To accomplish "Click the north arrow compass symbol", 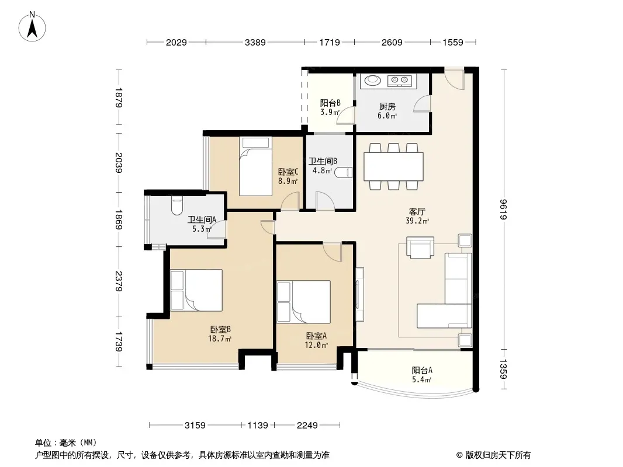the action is (32, 27).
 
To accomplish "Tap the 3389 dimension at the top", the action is (255, 42).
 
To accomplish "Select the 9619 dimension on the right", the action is (503, 209).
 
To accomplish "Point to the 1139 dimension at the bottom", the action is (258, 426).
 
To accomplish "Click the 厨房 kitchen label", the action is (387, 106).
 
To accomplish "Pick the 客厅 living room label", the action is (417, 211).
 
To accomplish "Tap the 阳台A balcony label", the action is (422, 370).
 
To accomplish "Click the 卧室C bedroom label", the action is (288, 172).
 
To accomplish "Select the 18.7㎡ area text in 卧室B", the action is (220, 339).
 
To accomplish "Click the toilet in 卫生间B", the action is (343, 172).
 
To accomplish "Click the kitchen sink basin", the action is (372, 81).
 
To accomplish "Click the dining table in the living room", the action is (393, 166).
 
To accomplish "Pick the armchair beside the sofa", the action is (420, 248).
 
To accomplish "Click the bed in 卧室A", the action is (303, 302).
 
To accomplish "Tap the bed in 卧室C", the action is (255, 166).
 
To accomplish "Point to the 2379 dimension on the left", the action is (119, 281).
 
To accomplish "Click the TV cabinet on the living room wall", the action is (359, 294).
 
